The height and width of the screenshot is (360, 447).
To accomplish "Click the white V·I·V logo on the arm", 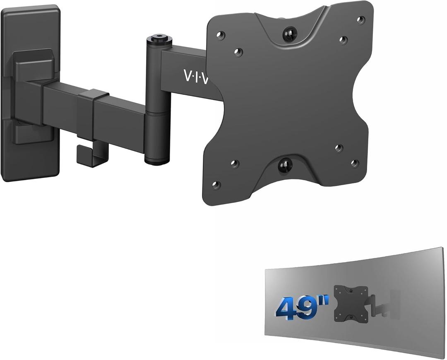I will [x=196, y=76].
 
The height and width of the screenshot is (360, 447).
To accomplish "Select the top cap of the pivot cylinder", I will [x=157, y=39].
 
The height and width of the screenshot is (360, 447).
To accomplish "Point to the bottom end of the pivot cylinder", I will [x=157, y=160].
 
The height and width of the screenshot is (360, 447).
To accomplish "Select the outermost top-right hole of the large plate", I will [x=361, y=19].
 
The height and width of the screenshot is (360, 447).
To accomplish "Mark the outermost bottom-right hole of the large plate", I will [x=354, y=163].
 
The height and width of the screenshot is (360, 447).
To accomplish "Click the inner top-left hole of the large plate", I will [x=238, y=52].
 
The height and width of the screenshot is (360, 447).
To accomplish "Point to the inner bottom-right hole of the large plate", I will [x=339, y=148].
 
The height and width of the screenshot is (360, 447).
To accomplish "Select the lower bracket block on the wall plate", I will [x=33, y=133].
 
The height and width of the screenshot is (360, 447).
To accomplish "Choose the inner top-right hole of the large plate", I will [x=343, y=40].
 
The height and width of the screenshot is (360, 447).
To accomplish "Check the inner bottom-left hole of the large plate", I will [x=234, y=164].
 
